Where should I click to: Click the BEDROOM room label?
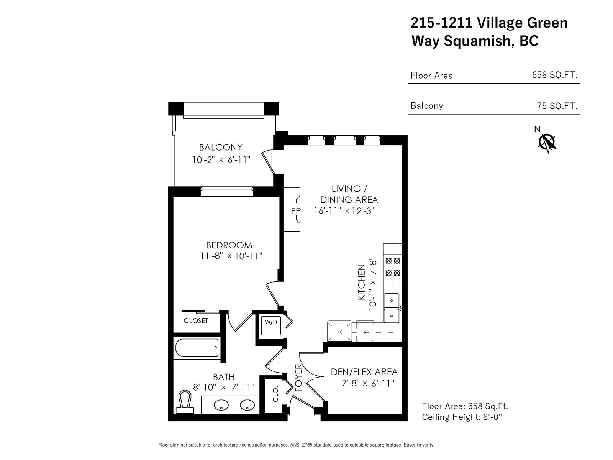[x=229, y=245]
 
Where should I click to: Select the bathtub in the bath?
[x=197, y=347]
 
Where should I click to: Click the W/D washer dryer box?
[x=271, y=325]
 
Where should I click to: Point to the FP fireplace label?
[x=296, y=211]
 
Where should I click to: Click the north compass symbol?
[x=547, y=143]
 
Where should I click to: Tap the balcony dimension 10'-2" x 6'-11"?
[x=221, y=160]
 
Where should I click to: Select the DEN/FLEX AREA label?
[x=364, y=372]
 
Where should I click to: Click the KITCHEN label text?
[x=361, y=282]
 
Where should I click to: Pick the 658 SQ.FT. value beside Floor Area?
[x=555, y=75]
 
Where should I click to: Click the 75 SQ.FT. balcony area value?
[x=557, y=106]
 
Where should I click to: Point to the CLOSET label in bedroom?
[x=195, y=320]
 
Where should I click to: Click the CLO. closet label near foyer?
[x=275, y=394]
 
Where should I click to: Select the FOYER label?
[x=298, y=378]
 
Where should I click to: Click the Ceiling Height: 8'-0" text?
[x=462, y=417]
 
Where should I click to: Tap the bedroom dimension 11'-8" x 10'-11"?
[x=231, y=256]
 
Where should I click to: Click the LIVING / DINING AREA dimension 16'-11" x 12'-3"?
[x=344, y=210]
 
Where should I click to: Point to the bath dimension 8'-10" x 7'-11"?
[x=224, y=387]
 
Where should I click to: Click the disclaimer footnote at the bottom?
[x=296, y=445]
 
